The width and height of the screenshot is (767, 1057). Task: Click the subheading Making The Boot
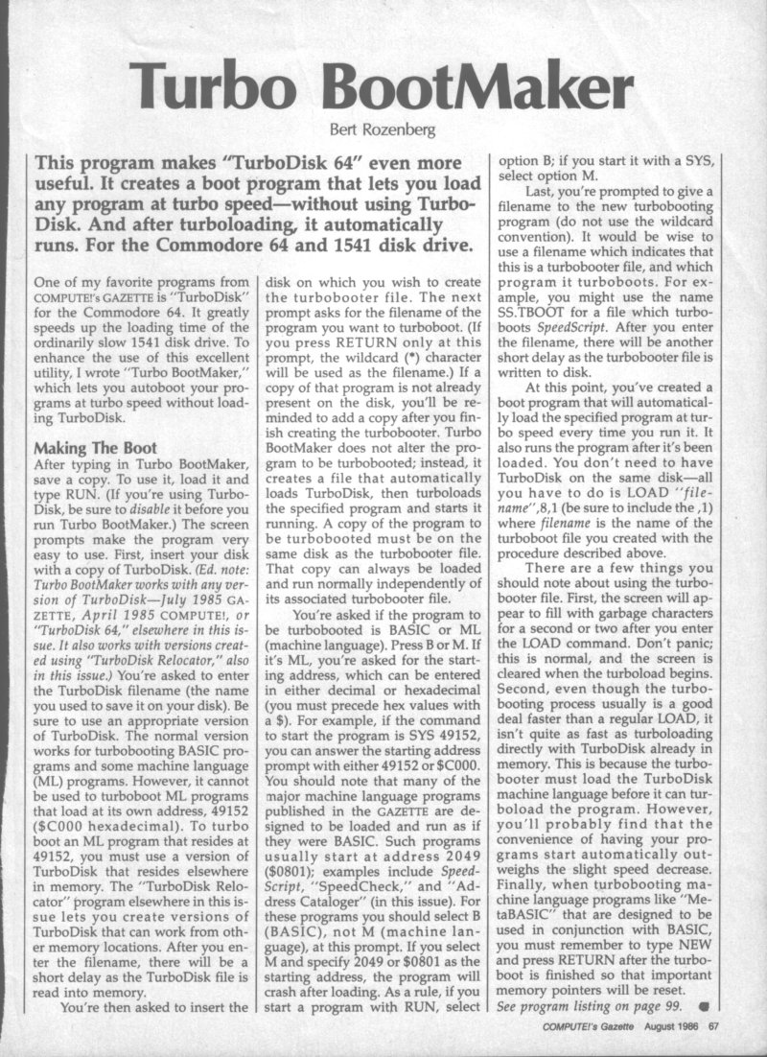[x=89, y=447]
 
